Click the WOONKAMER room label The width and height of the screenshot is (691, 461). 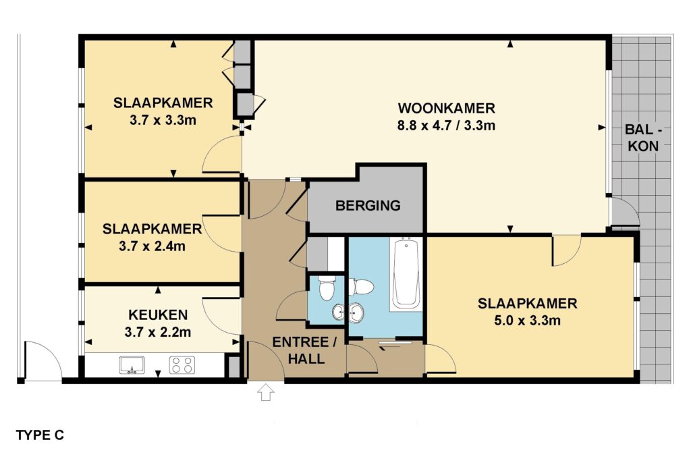pyautogui.click(x=447, y=108)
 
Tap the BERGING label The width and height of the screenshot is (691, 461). pyautogui.click(x=368, y=205)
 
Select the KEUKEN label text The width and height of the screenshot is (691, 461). pyautogui.click(x=158, y=315)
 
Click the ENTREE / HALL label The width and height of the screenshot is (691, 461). pyautogui.click(x=306, y=350)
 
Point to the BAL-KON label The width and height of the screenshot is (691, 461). pyautogui.click(x=643, y=138)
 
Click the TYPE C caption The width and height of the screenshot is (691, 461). pyautogui.click(x=40, y=435)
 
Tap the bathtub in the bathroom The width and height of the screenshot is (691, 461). pyautogui.click(x=407, y=273)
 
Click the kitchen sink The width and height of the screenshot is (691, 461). pyautogui.click(x=132, y=365)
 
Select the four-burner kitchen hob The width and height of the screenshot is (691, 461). pyautogui.click(x=182, y=365)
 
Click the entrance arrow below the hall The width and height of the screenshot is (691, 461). pyautogui.click(x=265, y=391)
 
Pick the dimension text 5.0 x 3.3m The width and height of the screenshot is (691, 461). pyautogui.click(x=528, y=321)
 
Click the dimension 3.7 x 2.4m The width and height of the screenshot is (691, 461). pyautogui.click(x=152, y=246)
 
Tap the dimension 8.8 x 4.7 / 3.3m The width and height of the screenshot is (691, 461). pyautogui.click(x=447, y=126)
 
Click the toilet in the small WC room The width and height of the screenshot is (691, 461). pyautogui.click(x=327, y=288)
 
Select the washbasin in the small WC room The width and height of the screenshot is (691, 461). pyautogui.click(x=339, y=312)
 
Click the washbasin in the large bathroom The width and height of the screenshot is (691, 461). pyautogui.click(x=356, y=312)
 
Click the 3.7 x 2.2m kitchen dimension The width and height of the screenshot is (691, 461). pyautogui.click(x=158, y=332)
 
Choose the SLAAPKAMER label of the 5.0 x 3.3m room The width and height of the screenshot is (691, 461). pyautogui.click(x=528, y=303)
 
